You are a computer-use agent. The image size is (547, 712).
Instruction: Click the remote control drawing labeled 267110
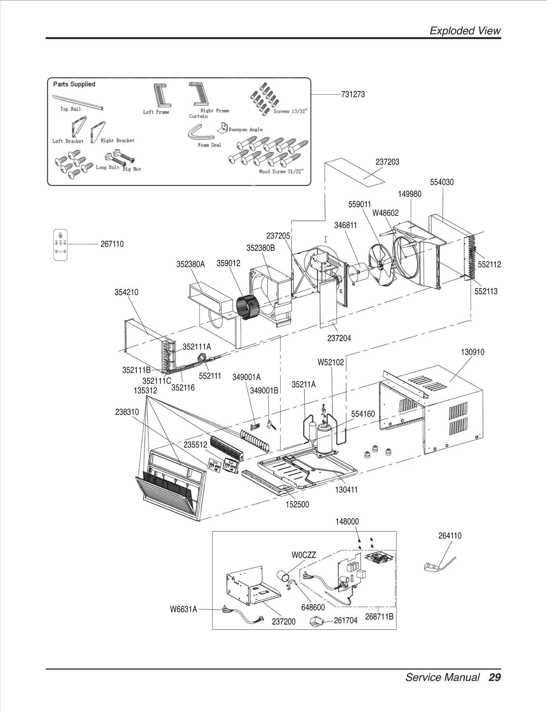pyautogui.click(x=61, y=245)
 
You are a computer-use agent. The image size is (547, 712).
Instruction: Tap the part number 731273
pyautogui.click(x=353, y=94)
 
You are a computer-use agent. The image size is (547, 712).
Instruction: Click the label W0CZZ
pyautogui.click(x=304, y=555)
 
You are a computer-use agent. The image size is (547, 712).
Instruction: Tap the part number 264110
pyautogui.click(x=450, y=536)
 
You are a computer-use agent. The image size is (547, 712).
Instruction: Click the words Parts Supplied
pyautogui.click(x=74, y=84)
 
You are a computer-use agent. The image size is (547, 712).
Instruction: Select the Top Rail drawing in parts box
pyautogui.click(x=78, y=102)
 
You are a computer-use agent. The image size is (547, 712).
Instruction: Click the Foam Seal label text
pyautogui.click(x=209, y=145)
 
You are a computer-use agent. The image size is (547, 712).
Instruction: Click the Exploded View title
pyautogui.click(x=465, y=31)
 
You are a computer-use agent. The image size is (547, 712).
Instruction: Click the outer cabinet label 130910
pyautogui.click(x=472, y=352)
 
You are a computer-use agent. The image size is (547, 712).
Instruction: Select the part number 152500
pyautogui.click(x=297, y=504)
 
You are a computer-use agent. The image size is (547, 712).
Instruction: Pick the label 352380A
pyautogui.click(x=190, y=264)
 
